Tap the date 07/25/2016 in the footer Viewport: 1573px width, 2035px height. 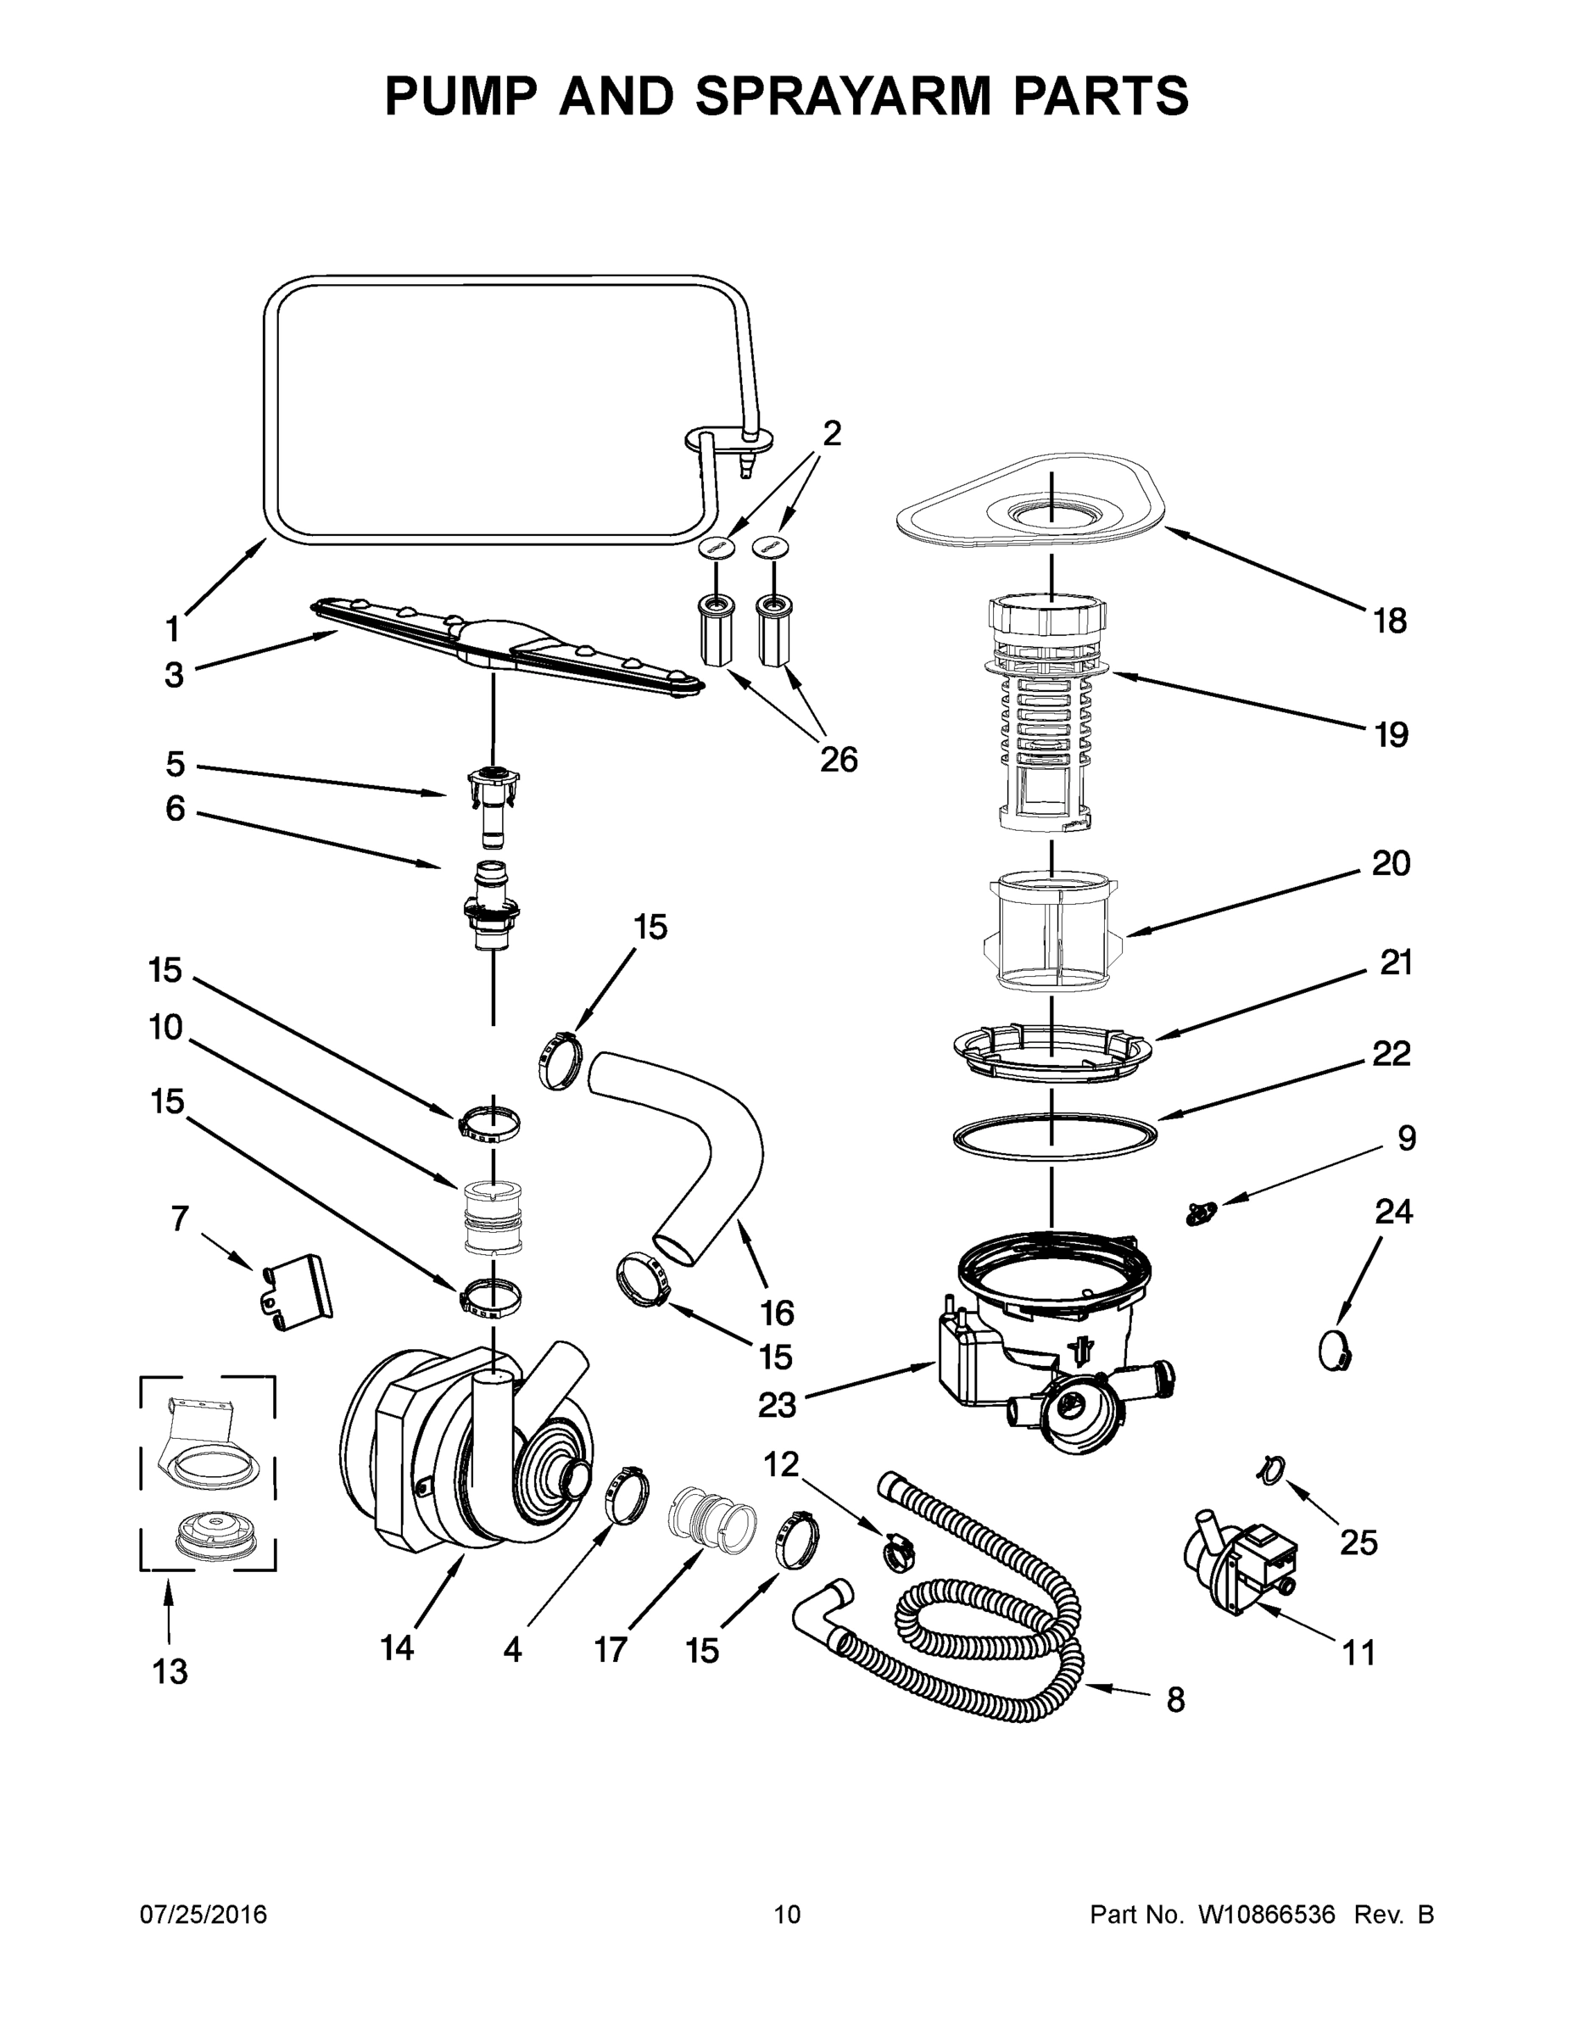[204, 1915]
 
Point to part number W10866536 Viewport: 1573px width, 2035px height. [1268, 1915]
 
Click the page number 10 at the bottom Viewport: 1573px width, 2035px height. [788, 1915]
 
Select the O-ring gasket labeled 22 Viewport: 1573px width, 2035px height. [1054, 1138]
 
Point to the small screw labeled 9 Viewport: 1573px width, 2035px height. [1200, 1214]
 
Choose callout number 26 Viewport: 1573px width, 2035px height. [838, 761]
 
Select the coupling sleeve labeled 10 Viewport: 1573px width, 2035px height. [491, 1217]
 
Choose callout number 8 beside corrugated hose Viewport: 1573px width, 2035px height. [1176, 1699]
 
